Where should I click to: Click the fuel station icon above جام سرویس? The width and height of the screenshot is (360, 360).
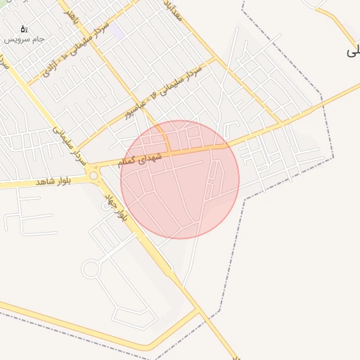click(x=23, y=30)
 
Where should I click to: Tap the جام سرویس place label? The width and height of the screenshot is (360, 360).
click(x=24, y=39)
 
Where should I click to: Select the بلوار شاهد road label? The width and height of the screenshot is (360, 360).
click(x=56, y=181)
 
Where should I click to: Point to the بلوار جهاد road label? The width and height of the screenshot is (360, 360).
click(x=116, y=205)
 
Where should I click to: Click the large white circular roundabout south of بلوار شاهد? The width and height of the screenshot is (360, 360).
click(x=91, y=268)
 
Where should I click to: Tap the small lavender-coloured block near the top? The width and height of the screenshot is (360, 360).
click(x=118, y=32)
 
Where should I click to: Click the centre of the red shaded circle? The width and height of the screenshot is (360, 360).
click(x=180, y=179)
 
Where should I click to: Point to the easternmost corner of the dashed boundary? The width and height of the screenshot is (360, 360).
click(x=333, y=157)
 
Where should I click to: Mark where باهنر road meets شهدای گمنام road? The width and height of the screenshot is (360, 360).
click(x=169, y=150)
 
